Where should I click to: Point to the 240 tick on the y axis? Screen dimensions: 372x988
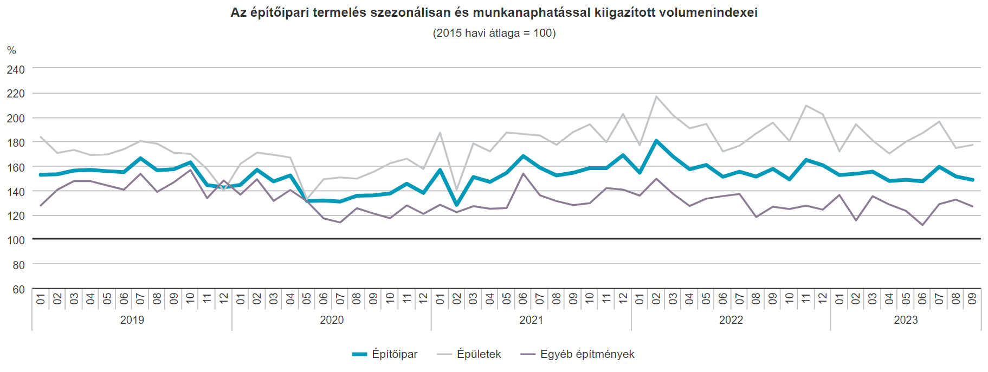pos(16,70)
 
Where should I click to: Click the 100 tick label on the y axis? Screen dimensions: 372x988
pos(16,240)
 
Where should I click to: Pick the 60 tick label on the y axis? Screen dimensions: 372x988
pos(18,289)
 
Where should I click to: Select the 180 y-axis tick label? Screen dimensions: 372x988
pos(16,143)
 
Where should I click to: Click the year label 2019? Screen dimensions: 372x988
pos(132,320)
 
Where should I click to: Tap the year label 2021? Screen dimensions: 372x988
pos(531,320)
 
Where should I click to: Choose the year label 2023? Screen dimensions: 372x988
pos(906,320)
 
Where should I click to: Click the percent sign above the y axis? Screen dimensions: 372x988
pos(11,50)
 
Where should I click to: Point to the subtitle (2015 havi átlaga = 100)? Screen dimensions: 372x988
pos(494,33)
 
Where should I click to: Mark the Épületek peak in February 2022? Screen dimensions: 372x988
pos(656,97)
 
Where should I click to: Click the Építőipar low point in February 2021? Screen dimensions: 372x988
pos(457,205)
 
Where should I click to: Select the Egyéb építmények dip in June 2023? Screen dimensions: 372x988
pos(922,225)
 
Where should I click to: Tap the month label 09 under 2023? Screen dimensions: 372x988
pos(972,298)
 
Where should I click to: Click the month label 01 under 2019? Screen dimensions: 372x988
pos(41,298)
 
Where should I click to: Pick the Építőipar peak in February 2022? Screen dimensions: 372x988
pos(656,141)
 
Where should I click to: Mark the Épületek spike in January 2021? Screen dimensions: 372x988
pos(440,133)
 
